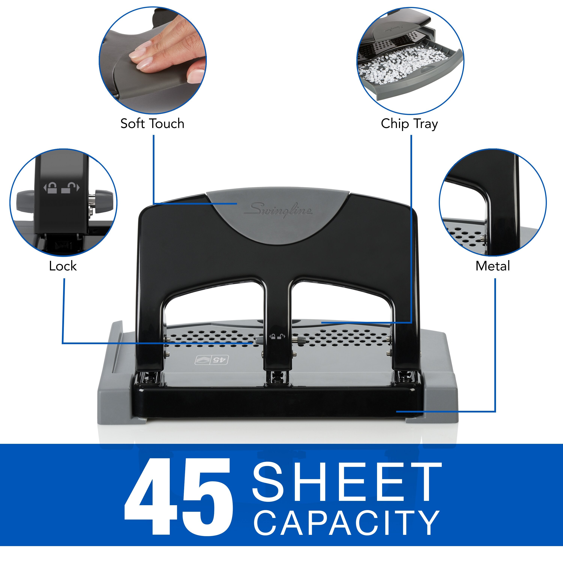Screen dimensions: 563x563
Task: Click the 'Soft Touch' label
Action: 152,123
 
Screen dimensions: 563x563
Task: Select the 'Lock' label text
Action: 63,266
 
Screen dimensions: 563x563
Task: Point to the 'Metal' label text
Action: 492,266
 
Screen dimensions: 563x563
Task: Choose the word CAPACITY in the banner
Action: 347,523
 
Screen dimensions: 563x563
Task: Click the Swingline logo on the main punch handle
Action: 278,210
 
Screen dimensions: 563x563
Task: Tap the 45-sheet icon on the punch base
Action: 211,360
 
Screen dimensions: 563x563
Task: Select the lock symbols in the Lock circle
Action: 61,187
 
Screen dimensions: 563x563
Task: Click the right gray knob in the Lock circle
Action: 103,201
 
